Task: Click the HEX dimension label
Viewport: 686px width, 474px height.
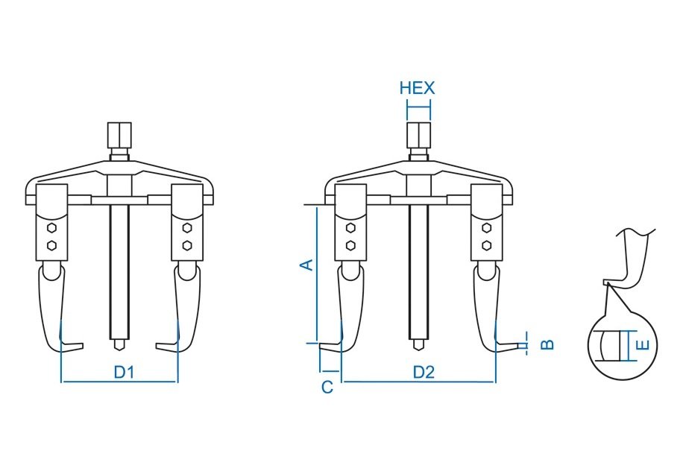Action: [418, 88]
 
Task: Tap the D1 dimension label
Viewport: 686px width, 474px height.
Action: [124, 373]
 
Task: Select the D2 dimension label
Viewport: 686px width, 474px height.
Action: [424, 373]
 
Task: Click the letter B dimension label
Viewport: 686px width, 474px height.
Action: [547, 344]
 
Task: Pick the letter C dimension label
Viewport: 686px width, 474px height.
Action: [327, 387]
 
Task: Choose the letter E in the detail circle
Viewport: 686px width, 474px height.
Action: [642, 345]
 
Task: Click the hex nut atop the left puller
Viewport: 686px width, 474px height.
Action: [119, 136]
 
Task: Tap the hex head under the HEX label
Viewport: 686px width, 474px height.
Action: [418, 136]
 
